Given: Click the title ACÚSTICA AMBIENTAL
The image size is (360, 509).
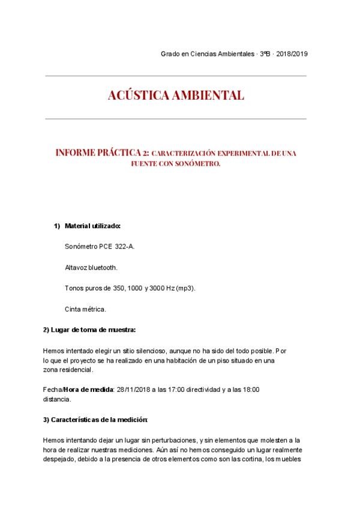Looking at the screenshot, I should pos(176,96).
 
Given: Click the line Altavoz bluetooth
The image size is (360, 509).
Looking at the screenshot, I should pos(91,267).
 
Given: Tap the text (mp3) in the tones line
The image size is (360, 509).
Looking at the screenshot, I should pos(184,288).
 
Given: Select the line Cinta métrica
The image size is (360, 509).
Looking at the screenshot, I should pos(85,309).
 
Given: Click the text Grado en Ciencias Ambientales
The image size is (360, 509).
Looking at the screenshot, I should pos(208,54).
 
